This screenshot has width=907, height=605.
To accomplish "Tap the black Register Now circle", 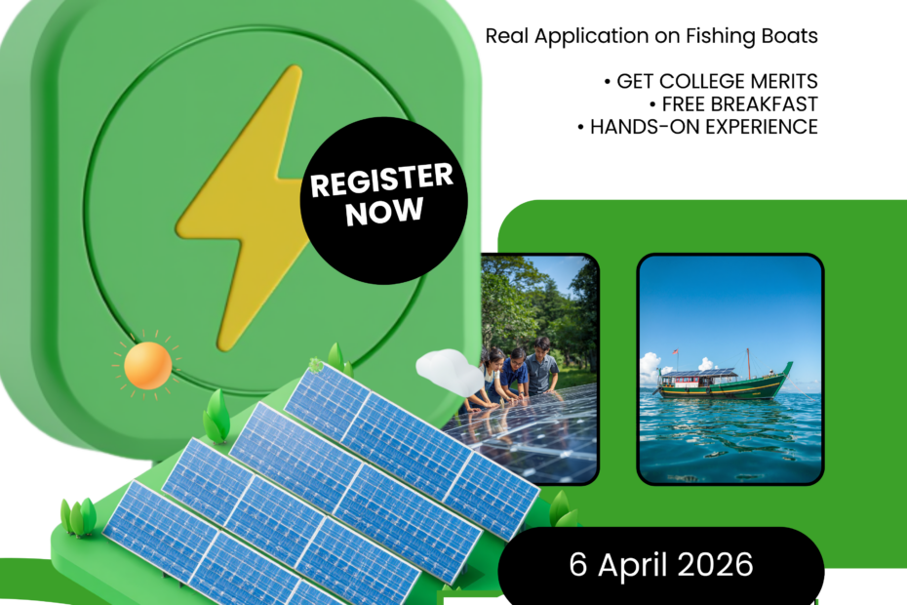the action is pyautogui.click(x=383, y=200).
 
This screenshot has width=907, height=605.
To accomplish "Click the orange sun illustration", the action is pyautogui.click(x=148, y=365).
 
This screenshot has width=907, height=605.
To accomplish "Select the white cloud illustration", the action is pyautogui.click(x=450, y=371).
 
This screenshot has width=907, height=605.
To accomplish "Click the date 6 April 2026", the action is pyautogui.click(x=661, y=564).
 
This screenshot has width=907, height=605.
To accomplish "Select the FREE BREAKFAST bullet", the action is pyautogui.click(x=733, y=104).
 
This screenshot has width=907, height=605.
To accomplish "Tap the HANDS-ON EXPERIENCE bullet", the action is pyautogui.click(x=697, y=127).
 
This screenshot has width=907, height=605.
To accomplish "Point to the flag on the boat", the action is pyautogui.click(x=675, y=351).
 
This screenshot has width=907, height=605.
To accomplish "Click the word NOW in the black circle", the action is pyautogui.click(x=384, y=212).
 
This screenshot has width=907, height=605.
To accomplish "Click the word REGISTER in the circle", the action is pyautogui.click(x=381, y=180).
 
